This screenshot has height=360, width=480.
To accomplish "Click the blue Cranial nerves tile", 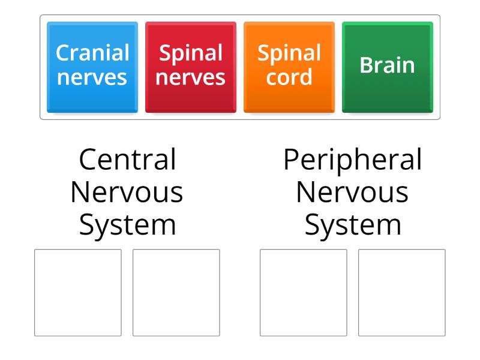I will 92,67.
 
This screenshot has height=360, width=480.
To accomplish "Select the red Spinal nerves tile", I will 190,67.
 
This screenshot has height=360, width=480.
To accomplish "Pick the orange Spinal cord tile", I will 289,67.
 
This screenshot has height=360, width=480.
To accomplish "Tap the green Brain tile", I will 387,67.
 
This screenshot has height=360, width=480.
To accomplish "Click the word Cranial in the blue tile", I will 92,53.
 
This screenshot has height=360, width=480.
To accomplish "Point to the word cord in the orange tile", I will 289,77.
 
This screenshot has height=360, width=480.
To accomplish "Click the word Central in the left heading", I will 127,160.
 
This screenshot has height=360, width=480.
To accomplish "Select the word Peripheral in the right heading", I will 353,160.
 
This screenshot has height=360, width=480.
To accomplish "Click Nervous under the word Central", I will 127,193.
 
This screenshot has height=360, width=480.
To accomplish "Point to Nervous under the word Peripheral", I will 353,193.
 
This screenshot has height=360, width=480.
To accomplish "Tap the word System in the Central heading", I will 127,226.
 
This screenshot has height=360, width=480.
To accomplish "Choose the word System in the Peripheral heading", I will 353,226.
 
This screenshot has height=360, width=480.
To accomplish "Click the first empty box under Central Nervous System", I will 78,292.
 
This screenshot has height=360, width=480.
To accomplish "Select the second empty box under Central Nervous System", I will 176,292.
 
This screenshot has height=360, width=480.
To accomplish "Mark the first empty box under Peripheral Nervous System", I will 304,292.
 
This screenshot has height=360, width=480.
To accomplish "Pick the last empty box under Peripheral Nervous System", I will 402,292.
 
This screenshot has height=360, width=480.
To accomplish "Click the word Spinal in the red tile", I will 191,53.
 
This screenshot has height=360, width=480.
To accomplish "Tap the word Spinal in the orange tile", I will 289,53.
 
